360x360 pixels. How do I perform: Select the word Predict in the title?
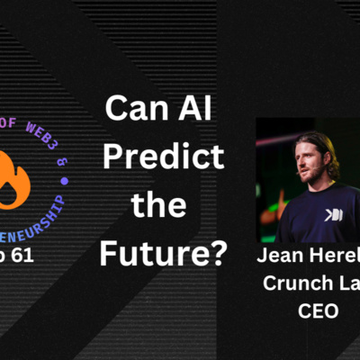[x=163, y=159]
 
